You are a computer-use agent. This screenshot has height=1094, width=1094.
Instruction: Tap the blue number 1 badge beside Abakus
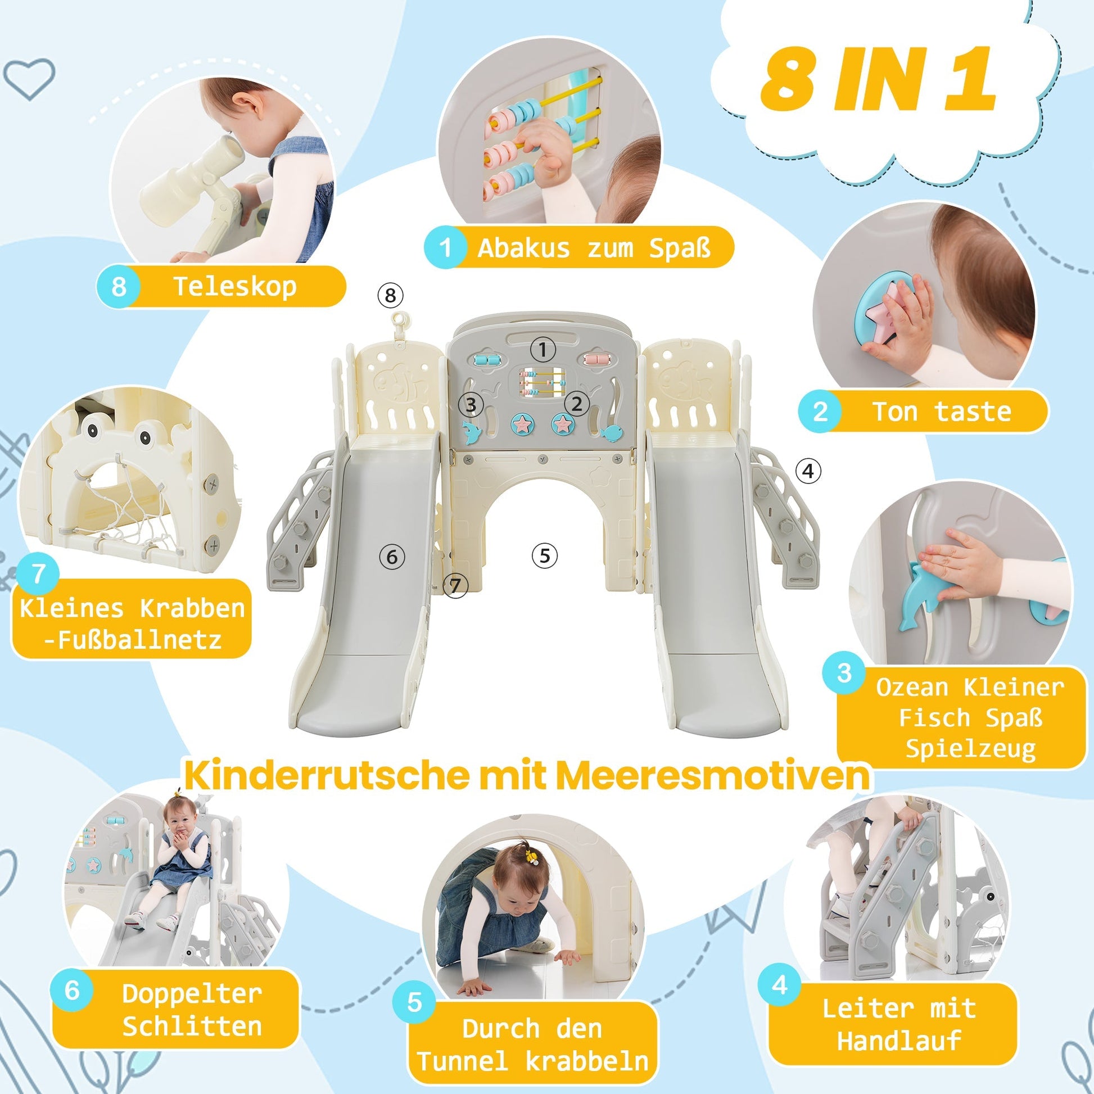pyautogui.click(x=446, y=247)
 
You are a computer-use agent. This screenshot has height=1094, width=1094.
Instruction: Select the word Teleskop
pyautogui.click(x=234, y=286)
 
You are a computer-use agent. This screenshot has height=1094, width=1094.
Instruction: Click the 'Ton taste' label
pyautogui.click(x=941, y=411)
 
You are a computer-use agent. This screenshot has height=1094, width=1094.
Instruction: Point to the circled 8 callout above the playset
pyautogui.click(x=390, y=295)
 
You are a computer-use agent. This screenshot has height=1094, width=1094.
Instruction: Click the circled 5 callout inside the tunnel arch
pyautogui.click(x=545, y=555)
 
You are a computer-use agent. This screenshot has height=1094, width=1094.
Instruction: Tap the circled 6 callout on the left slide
pyautogui.click(x=392, y=557)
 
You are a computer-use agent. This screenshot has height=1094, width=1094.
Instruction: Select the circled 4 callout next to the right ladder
pyautogui.click(x=808, y=471)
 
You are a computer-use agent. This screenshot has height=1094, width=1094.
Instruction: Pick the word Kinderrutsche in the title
pyautogui.click(x=327, y=775)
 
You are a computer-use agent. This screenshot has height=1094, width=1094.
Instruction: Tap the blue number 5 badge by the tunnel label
pyautogui.click(x=415, y=1002)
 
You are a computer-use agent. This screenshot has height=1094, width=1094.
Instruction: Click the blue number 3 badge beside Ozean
pyautogui.click(x=844, y=672)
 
